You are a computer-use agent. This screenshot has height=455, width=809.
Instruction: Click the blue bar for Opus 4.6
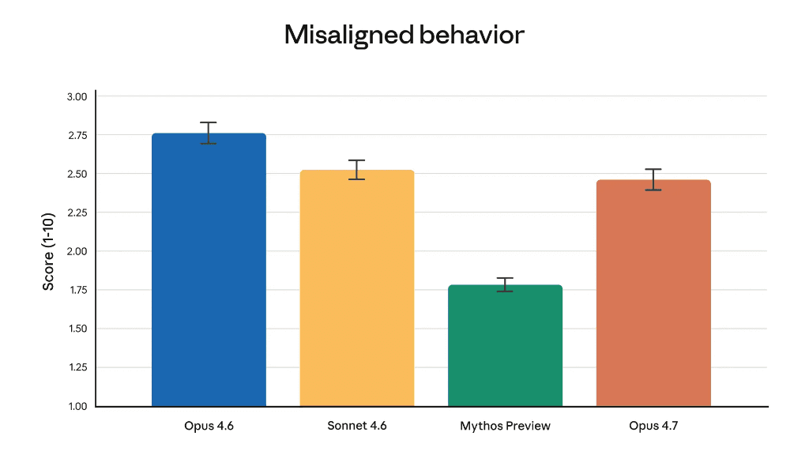click(x=209, y=269)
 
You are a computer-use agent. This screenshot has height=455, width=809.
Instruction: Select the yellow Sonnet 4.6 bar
click(x=357, y=288)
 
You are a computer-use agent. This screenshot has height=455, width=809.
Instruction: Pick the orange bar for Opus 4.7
click(x=653, y=292)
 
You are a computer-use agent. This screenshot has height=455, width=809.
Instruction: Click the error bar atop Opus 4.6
click(x=209, y=133)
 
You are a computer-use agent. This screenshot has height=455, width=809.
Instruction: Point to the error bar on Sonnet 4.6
click(x=357, y=170)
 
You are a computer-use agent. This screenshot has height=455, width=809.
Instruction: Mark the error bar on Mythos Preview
click(x=505, y=284)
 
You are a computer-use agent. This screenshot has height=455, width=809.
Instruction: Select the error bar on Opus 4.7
click(x=653, y=179)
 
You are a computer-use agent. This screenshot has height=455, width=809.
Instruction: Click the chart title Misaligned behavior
click(x=404, y=36)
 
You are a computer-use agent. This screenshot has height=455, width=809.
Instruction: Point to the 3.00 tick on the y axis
click(x=77, y=96)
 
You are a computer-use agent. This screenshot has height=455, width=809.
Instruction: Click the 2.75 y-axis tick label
click(x=77, y=135)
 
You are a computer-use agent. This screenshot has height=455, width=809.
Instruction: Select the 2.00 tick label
click(x=77, y=251)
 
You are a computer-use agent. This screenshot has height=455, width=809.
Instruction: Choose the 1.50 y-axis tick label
click(x=77, y=329)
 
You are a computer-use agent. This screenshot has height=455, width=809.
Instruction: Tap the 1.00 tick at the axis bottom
click(x=77, y=406)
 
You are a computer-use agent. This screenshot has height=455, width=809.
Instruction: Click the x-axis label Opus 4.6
click(x=209, y=426)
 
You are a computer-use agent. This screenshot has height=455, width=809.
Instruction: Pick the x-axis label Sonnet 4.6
click(x=357, y=426)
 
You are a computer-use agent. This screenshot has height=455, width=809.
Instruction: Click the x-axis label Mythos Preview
click(x=505, y=426)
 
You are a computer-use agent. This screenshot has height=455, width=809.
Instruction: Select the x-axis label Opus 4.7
click(x=653, y=426)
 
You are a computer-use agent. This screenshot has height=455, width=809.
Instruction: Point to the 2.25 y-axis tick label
click(x=77, y=212)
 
